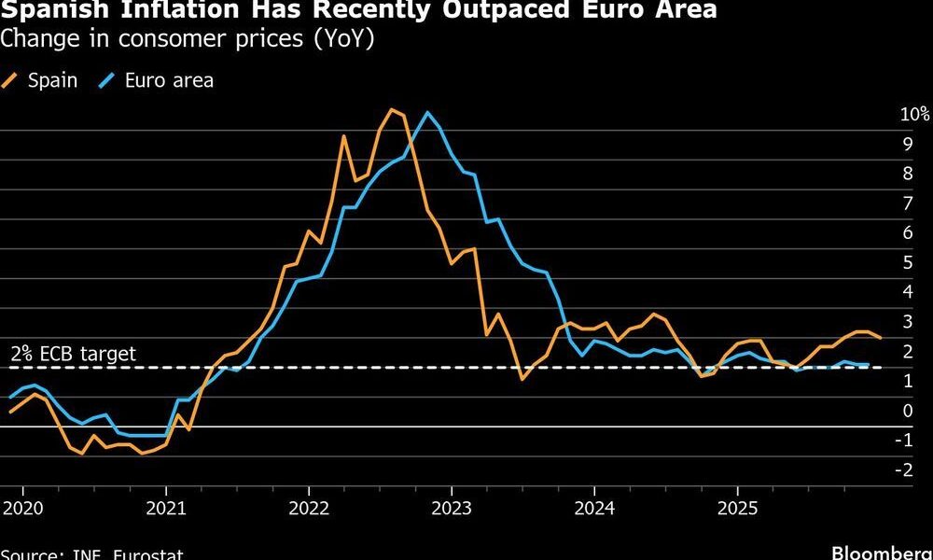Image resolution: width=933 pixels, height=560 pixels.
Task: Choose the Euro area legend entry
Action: click(x=169, y=80)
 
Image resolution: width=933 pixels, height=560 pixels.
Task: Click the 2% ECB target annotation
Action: click(x=73, y=354)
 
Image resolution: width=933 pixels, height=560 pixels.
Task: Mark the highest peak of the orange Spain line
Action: click(x=391, y=110)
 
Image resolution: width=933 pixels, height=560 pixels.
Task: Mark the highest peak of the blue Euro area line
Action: click(x=427, y=113)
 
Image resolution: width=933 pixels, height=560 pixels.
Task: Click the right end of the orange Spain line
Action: click(x=881, y=338)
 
